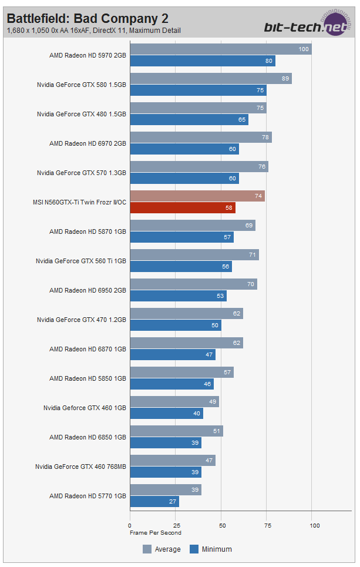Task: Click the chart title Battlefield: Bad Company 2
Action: pos(87,18)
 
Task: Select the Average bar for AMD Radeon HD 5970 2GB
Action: pos(220,49)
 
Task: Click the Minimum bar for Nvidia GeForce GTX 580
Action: pos(198,90)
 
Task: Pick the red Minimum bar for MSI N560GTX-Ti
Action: pos(182,208)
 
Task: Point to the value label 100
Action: pos(304,49)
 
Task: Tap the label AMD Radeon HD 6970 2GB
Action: pos(88,143)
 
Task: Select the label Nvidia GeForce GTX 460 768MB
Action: pos(80,467)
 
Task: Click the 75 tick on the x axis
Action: pos(268,525)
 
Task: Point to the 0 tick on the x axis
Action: pos(130,525)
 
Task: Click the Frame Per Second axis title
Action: pos(155,533)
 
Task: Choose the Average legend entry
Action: pos(162,549)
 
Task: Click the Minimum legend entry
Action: pos(211,549)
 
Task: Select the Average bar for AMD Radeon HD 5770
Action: pos(166,490)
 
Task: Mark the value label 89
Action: pos(285,79)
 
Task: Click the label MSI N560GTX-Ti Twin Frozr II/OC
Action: pos(79,202)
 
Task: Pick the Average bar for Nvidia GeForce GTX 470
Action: pos(186,314)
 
